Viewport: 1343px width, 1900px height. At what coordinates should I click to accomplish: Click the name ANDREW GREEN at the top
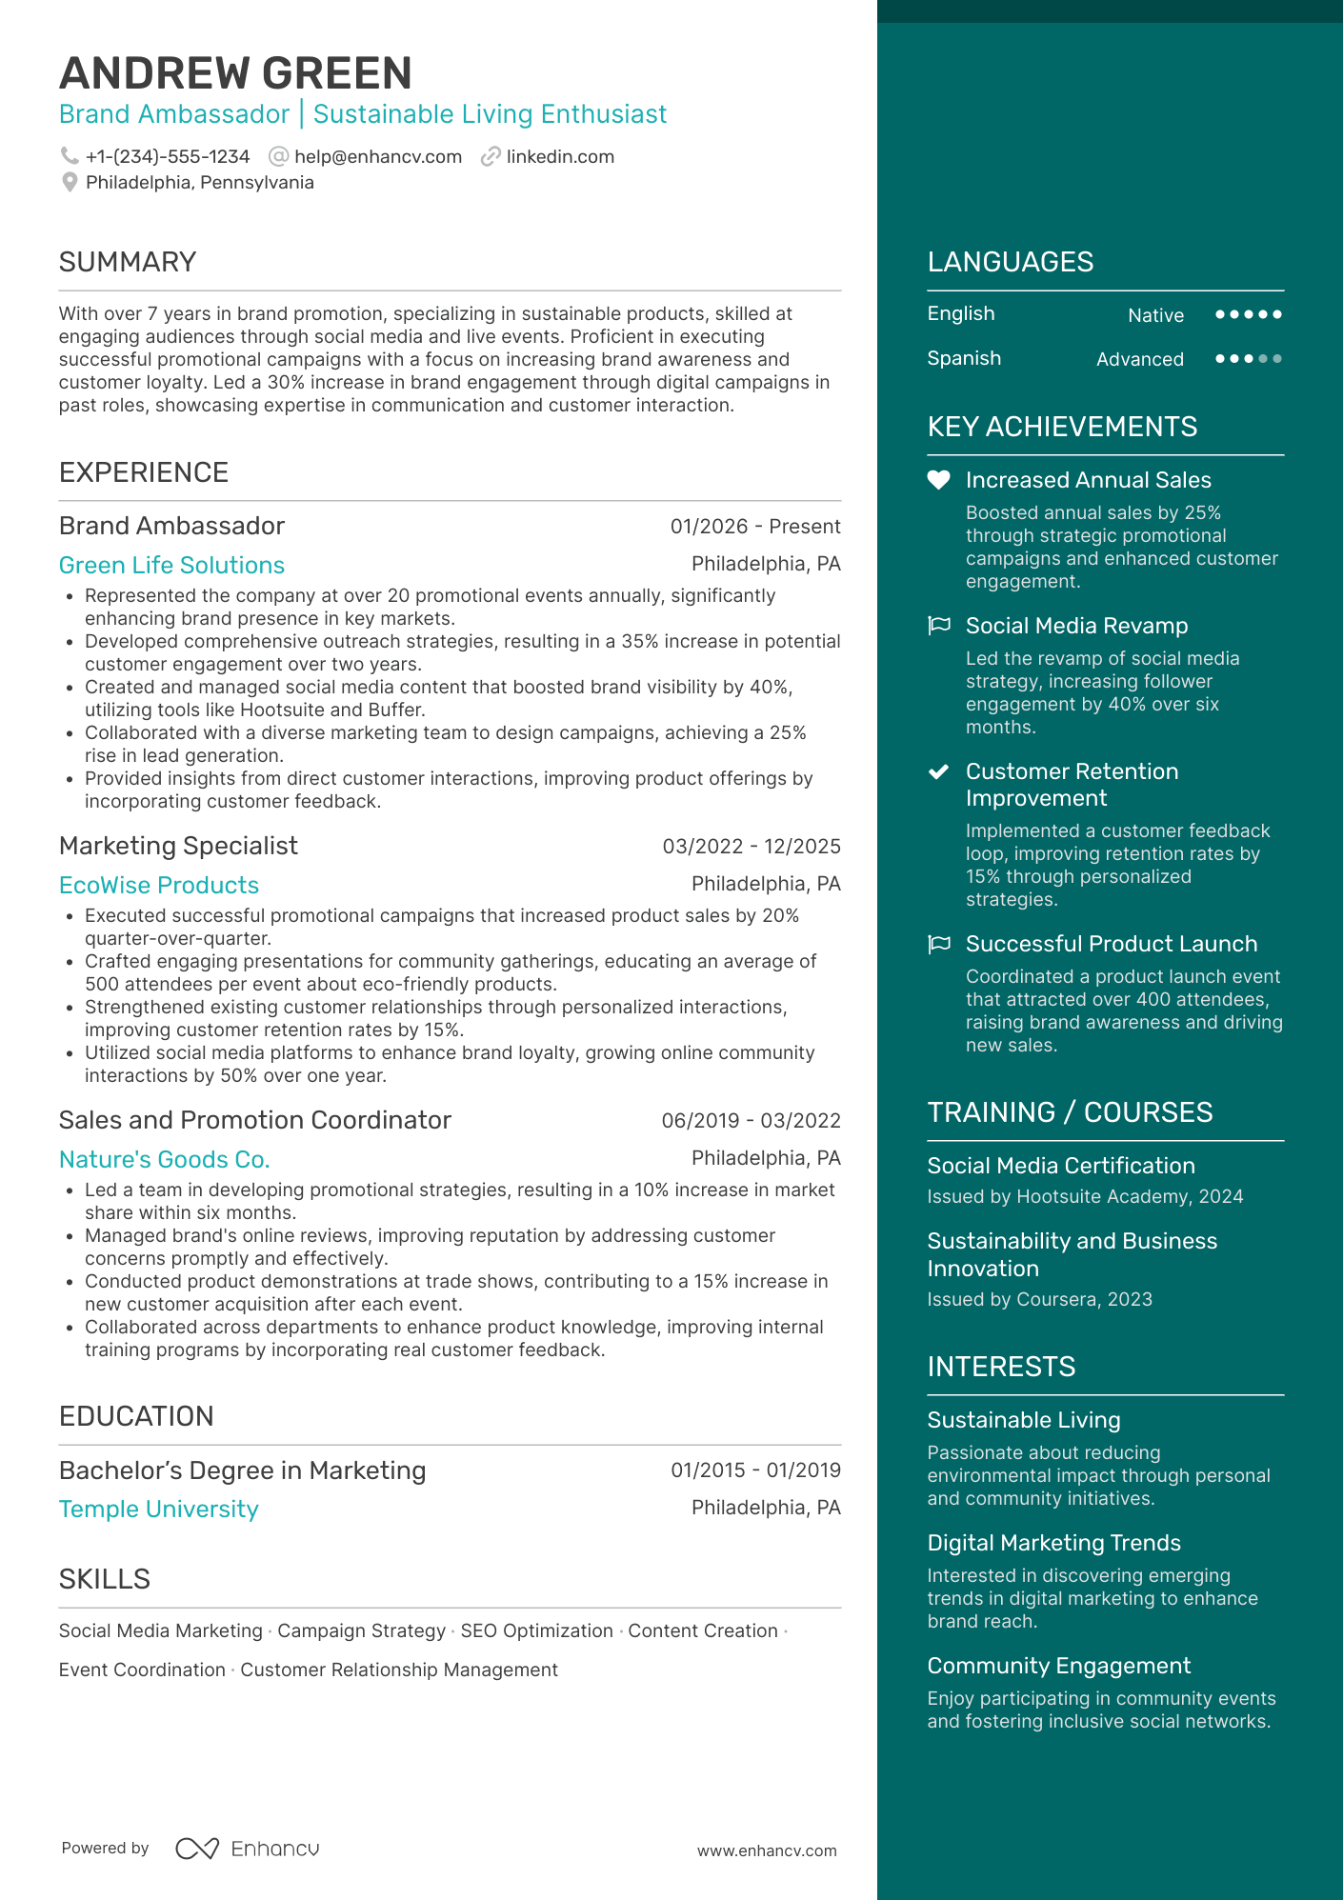coord(235,73)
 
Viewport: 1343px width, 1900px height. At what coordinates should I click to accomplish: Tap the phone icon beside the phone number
coord(70,155)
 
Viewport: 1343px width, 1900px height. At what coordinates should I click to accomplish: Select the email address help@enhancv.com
coord(377,157)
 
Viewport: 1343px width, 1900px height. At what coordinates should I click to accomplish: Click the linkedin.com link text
coord(560,157)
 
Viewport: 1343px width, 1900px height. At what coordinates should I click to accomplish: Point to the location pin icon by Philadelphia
coord(70,182)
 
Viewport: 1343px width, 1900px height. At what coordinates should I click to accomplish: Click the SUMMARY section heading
coord(128,262)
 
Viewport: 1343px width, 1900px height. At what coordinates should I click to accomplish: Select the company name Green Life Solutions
coord(171,565)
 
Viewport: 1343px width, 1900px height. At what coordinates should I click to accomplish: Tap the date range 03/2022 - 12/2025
coord(751,846)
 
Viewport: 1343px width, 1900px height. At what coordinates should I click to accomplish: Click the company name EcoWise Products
coord(159,885)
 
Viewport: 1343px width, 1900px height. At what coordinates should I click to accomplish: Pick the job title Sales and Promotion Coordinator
coord(255,1120)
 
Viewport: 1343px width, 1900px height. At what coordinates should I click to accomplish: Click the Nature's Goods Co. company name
coord(164,1159)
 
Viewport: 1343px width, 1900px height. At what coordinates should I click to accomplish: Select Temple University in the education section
coord(159,1509)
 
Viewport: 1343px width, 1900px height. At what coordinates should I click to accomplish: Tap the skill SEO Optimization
coord(536,1630)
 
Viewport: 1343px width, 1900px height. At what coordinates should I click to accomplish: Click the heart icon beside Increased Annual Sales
coord(939,480)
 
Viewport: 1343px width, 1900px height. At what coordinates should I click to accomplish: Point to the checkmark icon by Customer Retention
coord(939,771)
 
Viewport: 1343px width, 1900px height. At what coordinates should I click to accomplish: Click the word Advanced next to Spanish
coord(1139,359)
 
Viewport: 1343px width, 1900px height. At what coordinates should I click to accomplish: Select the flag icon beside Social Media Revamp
coord(939,626)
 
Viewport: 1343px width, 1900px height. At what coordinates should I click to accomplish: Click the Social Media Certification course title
coord(1061,1166)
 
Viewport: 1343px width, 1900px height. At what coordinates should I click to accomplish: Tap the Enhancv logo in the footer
coord(248,1849)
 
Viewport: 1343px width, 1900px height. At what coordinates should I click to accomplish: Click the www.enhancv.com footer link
coord(767,1850)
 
